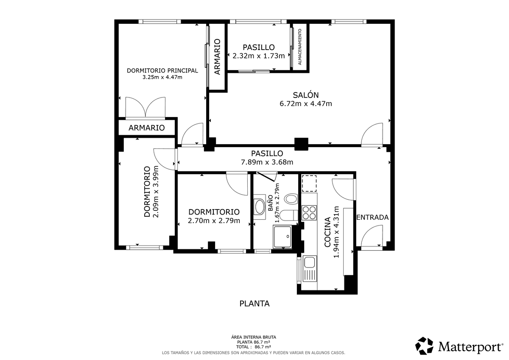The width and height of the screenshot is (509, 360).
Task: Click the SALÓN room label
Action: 306,95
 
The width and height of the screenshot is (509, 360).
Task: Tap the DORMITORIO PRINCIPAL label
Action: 162,71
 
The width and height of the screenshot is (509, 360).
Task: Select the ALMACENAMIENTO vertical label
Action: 300,47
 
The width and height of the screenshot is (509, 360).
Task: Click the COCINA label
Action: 327,232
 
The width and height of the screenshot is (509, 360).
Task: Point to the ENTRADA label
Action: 372,218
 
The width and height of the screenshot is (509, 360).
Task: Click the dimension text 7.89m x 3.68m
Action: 267,162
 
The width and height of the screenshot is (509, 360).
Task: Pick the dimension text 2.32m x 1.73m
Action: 259,56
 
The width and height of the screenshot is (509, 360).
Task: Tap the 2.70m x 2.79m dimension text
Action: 214,220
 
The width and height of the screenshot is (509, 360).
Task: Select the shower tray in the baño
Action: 282,237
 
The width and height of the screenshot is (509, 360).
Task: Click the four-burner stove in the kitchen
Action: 309,212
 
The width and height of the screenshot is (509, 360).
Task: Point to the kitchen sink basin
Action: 309,262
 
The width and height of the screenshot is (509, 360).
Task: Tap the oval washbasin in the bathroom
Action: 260,207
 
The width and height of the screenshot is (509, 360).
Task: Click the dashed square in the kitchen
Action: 309,184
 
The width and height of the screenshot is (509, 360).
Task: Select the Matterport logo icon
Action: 424,346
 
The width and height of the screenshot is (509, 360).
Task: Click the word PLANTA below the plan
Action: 255,304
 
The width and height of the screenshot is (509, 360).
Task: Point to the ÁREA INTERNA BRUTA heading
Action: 254,337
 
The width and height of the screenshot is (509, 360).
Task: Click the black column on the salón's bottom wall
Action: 301,144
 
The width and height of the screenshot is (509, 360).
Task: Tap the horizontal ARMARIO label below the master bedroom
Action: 147,128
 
